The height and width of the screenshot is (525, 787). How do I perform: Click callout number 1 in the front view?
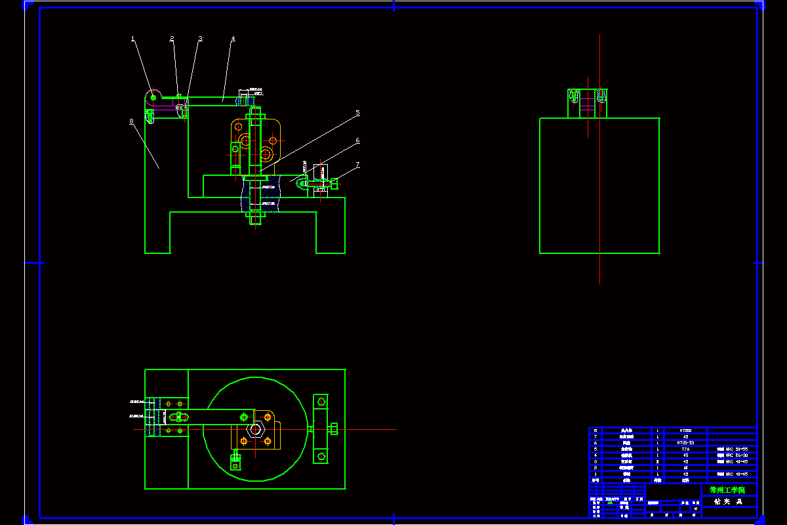click(133, 39)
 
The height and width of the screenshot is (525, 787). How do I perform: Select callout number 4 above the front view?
click(232, 39)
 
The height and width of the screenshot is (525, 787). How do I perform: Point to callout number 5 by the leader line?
click(357, 113)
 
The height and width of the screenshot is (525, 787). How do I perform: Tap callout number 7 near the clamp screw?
click(357, 165)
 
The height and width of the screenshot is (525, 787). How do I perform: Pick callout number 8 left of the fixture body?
click(132, 121)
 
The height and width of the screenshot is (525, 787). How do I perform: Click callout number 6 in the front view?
click(357, 140)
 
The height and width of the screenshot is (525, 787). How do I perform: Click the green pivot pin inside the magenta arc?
click(153, 98)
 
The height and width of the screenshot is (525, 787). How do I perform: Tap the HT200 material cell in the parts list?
click(686, 430)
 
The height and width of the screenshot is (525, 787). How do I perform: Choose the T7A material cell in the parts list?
click(686, 449)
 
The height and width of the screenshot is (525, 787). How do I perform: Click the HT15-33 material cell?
click(686, 443)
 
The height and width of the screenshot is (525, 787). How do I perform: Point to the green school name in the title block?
click(727, 490)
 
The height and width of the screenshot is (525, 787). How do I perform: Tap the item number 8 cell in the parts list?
click(595, 430)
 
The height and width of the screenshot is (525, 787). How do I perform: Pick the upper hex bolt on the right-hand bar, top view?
click(321, 401)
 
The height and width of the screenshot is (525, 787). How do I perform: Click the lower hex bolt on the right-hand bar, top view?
click(321, 455)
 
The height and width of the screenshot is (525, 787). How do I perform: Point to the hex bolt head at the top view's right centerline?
click(333, 429)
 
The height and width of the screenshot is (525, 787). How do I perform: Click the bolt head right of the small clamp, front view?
click(334, 184)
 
